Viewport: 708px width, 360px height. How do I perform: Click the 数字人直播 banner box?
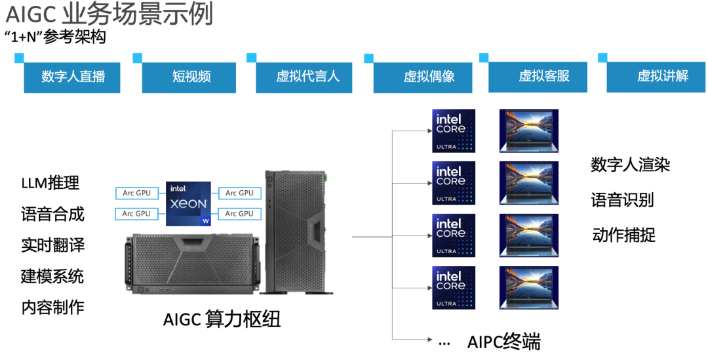tap(73, 76)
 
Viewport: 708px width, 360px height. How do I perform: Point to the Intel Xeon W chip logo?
tap(188, 203)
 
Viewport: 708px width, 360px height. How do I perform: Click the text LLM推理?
tap(50, 184)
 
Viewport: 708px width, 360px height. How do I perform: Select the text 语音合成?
tap(52, 214)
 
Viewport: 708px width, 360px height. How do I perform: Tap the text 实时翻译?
tap(52, 245)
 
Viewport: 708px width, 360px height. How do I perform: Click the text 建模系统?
tap(52, 276)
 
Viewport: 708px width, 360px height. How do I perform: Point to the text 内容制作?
tap(52, 307)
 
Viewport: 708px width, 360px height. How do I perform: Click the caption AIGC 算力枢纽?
tap(222, 319)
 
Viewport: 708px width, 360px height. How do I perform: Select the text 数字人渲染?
tap(630, 165)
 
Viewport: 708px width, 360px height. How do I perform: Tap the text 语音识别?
tap(622, 200)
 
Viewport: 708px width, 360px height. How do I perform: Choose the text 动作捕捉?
tap(623, 235)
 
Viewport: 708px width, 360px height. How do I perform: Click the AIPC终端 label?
tap(503, 342)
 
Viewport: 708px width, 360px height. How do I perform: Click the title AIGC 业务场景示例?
tap(109, 14)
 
